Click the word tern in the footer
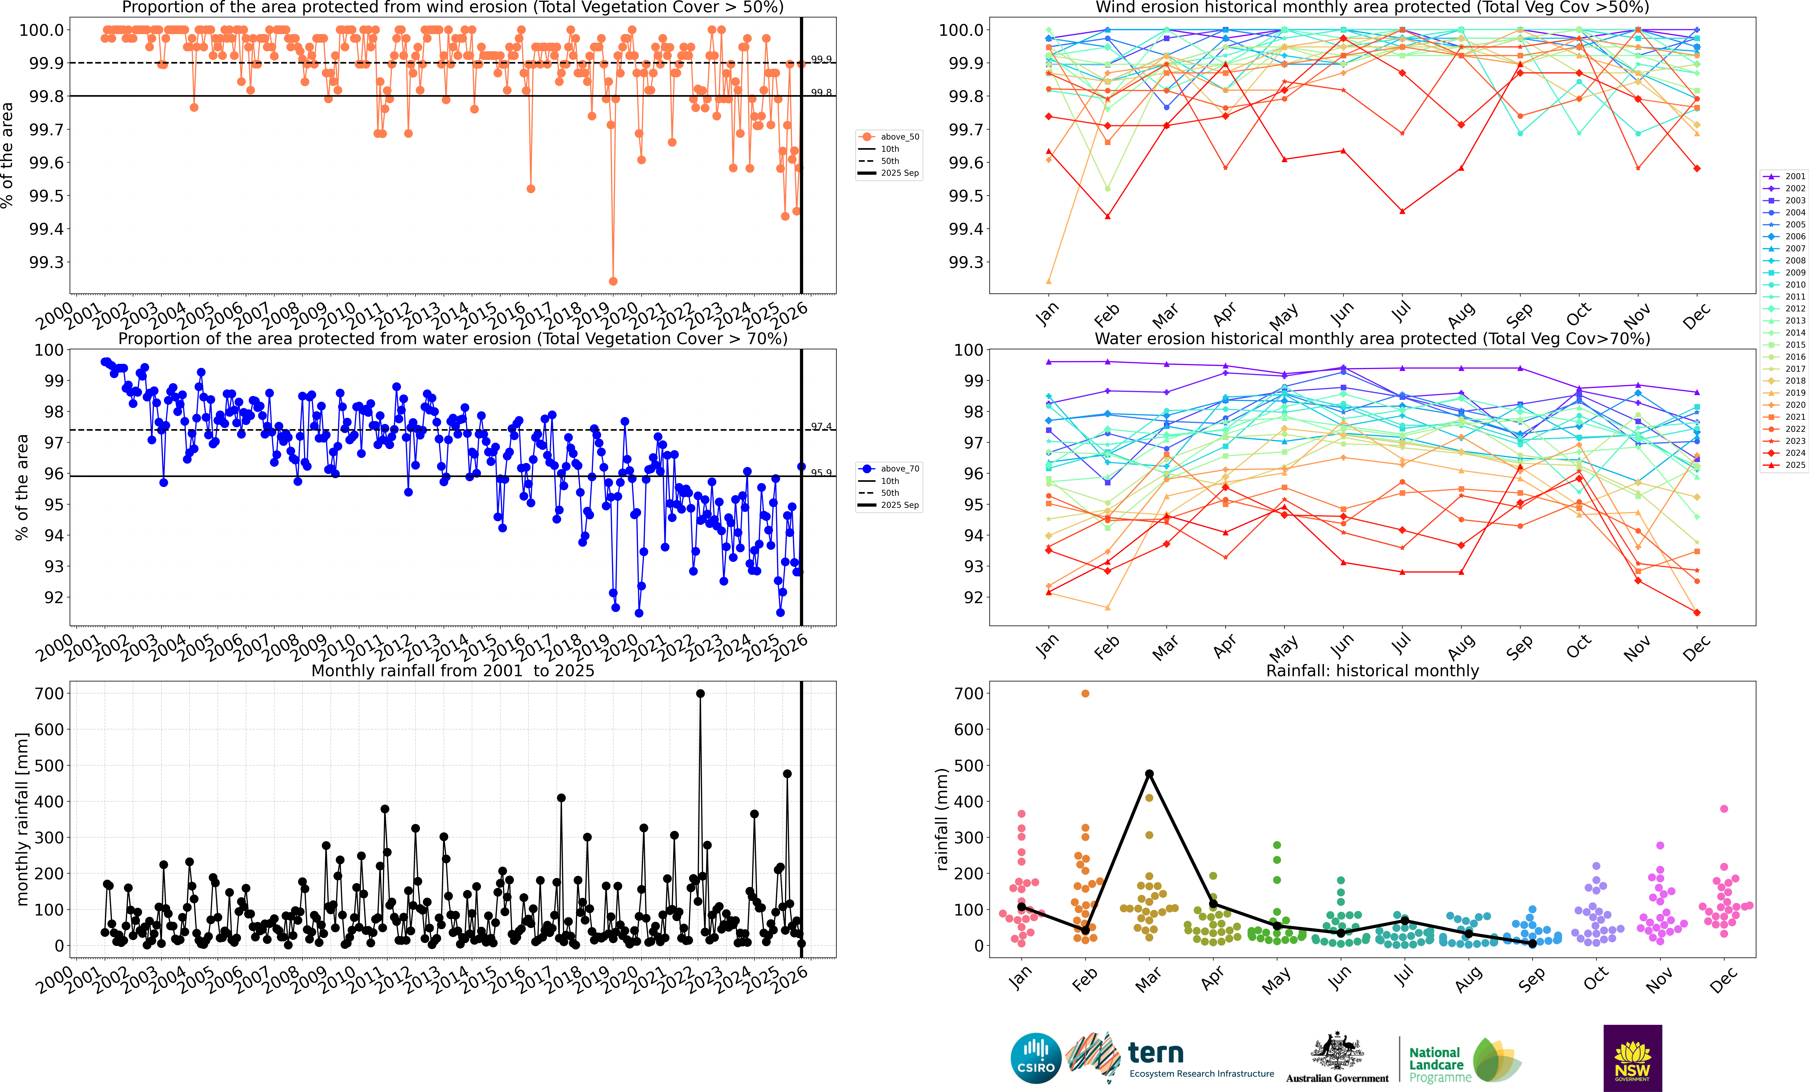tap(1156, 1052)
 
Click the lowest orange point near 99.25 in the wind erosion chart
tap(613, 281)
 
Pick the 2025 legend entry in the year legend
tap(1784, 465)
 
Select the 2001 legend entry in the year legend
tap(1784, 176)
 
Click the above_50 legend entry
tap(890, 137)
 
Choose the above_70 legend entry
tap(890, 469)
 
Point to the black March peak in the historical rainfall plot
tap(1149, 774)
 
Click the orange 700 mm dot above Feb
tap(1085, 693)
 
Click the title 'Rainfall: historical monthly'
tap(1372, 671)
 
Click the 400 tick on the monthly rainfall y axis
tap(49, 801)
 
